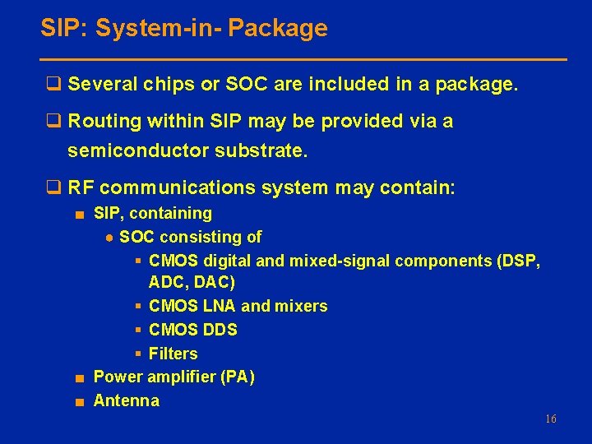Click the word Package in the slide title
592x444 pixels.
(x=278, y=29)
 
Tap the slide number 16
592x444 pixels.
(x=550, y=419)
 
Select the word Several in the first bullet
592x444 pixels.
(x=101, y=85)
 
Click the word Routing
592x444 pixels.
(x=104, y=122)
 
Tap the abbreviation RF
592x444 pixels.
(x=81, y=188)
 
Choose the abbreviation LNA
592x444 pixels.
(x=220, y=307)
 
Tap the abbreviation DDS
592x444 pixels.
(x=220, y=331)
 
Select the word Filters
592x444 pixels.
(x=173, y=354)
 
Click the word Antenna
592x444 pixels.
(x=127, y=401)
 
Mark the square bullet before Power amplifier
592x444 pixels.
(x=77, y=378)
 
